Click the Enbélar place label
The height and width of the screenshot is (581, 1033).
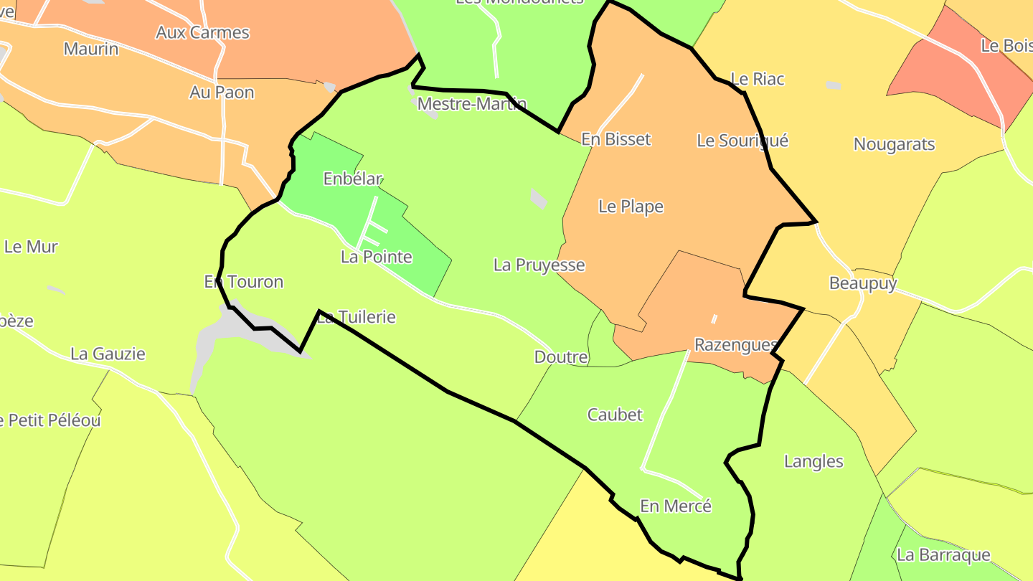coord(353,179)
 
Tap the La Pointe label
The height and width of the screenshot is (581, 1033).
coord(377,257)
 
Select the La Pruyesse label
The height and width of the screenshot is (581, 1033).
coord(539,265)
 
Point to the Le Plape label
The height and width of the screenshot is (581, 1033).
coord(631,207)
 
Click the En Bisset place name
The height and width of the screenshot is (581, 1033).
coord(616,139)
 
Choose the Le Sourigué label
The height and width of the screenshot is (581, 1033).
coord(742,141)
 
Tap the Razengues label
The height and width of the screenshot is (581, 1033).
coord(735,346)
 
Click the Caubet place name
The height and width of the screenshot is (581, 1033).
coord(615,415)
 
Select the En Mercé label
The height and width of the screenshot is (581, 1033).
coord(676,506)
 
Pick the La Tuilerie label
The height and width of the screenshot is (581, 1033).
coord(357,317)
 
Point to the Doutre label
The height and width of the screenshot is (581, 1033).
coord(561,357)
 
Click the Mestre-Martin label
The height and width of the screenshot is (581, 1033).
coord(472,104)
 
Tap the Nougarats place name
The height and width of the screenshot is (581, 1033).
coord(895,144)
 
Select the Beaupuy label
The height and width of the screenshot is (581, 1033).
coord(863,283)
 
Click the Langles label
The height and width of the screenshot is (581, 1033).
coord(814,461)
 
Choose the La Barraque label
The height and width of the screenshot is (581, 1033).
coord(943,554)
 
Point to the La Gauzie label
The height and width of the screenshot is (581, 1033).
coord(108,354)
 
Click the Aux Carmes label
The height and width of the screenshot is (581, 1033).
coord(203,32)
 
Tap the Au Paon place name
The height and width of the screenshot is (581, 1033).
coord(222,93)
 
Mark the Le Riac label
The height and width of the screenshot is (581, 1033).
coord(758,79)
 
